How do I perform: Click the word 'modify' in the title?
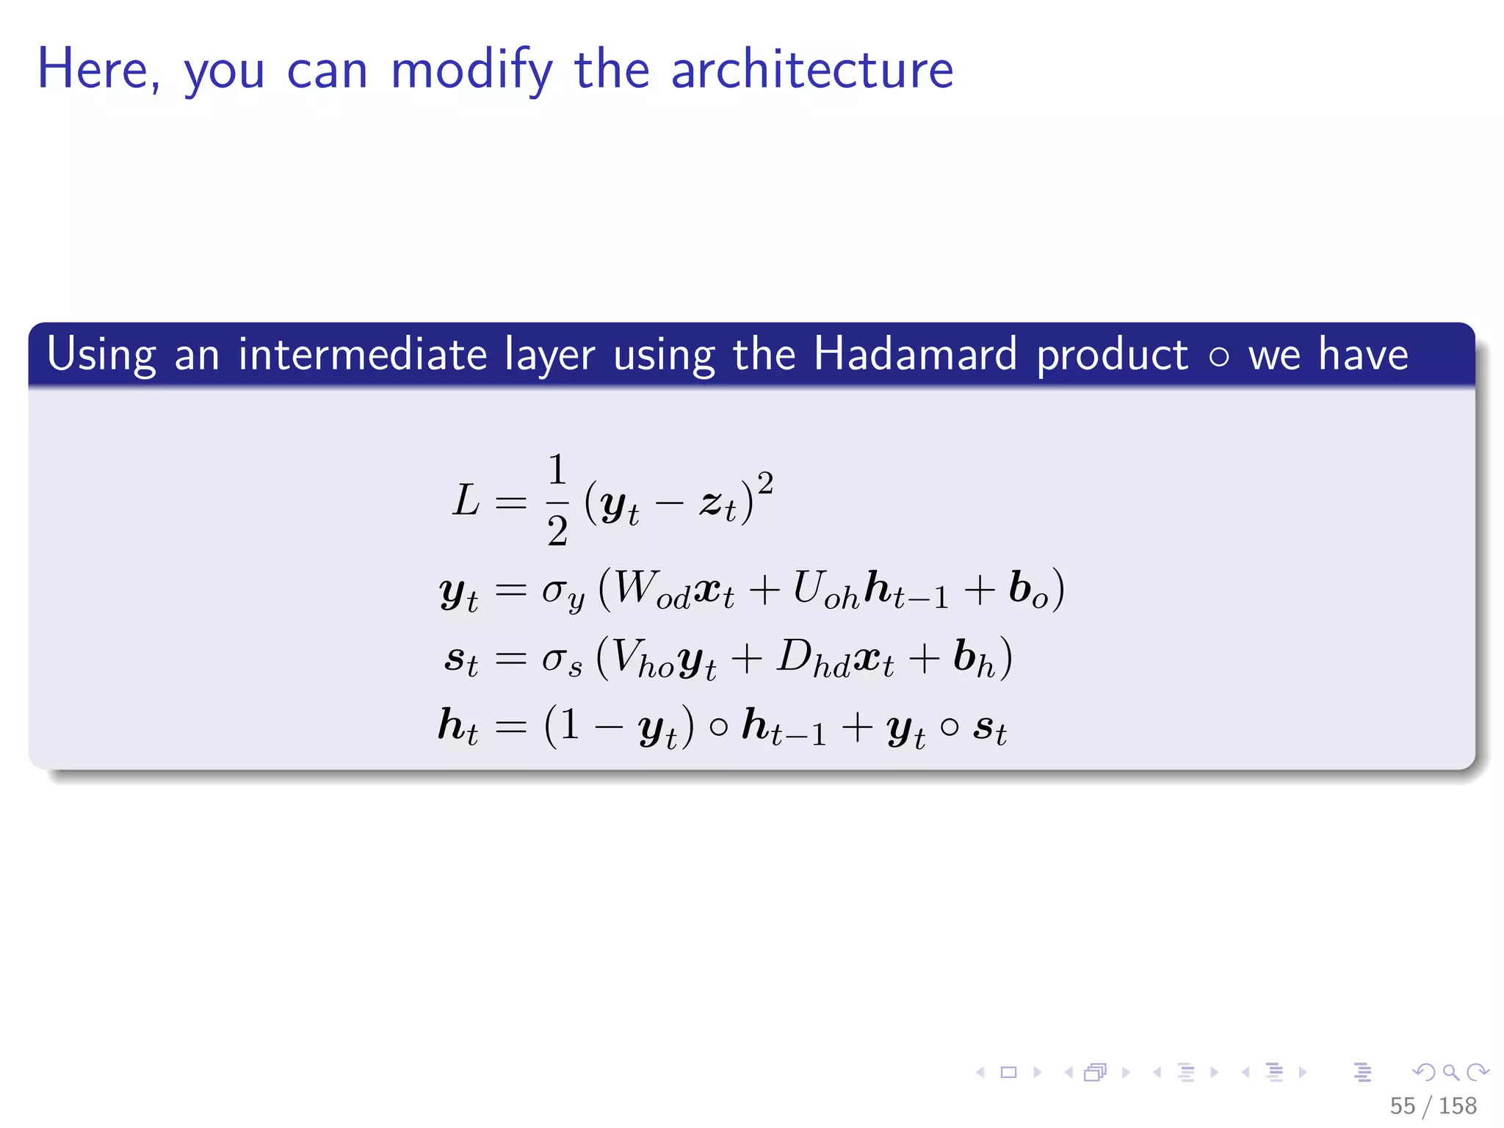click(471, 70)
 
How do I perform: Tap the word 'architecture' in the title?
click(811, 70)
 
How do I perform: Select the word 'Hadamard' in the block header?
click(915, 355)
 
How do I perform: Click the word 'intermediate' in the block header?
click(362, 355)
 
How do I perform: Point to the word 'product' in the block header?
click(1112, 355)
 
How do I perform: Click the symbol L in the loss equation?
click(466, 501)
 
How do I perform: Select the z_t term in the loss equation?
click(717, 505)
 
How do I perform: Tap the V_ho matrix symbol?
click(642, 658)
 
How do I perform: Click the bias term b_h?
click(974, 658)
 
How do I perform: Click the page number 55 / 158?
click(1433, 1105)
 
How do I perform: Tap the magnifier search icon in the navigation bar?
click(1450, 1072)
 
